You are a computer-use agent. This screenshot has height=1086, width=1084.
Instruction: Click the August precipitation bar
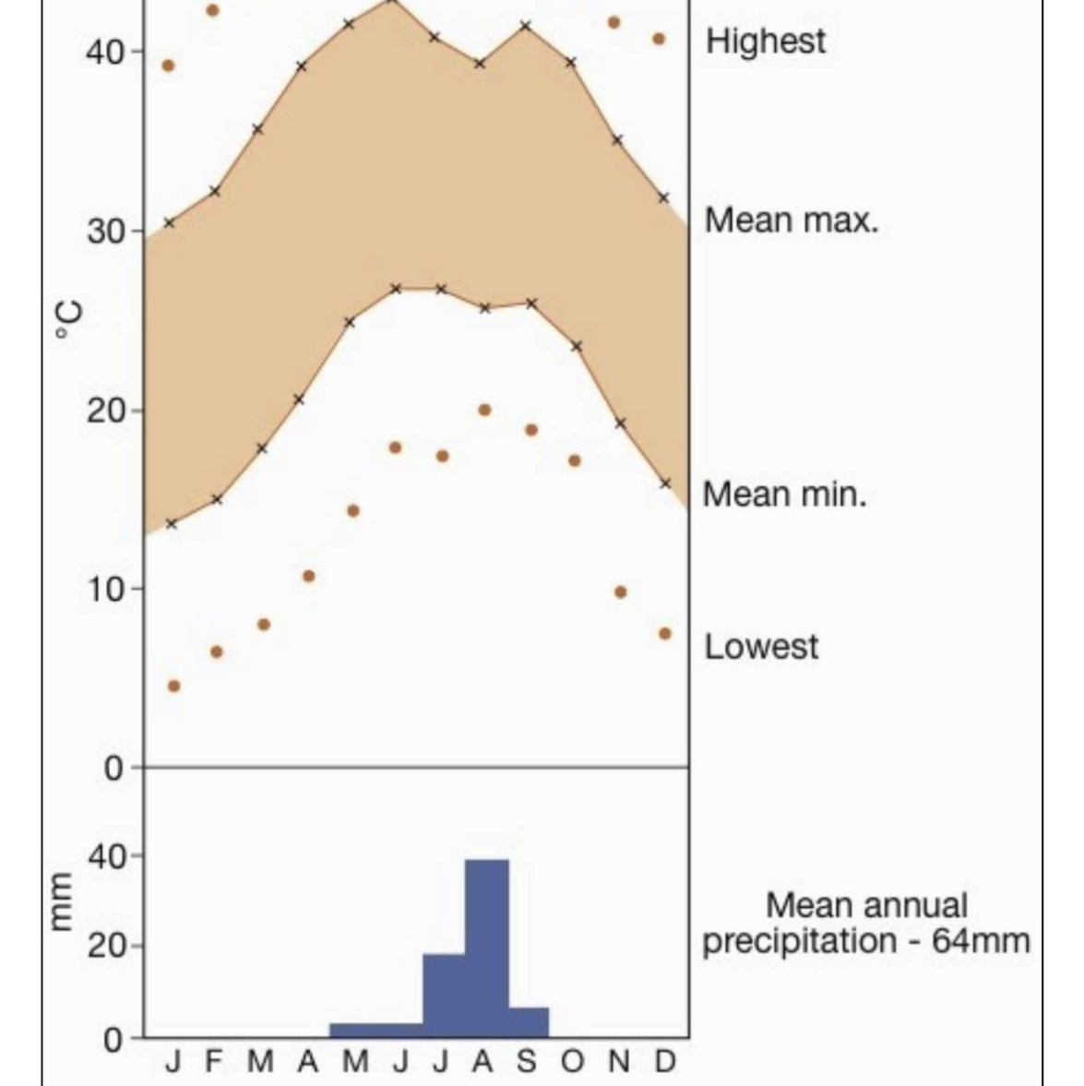point(486,947)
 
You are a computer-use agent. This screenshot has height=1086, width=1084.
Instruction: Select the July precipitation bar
point(444,995)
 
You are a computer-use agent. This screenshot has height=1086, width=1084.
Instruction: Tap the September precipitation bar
point(528,1021)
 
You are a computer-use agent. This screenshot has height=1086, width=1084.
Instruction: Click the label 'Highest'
point(765,42)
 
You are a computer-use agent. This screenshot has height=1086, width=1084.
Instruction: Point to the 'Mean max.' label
point(791,221)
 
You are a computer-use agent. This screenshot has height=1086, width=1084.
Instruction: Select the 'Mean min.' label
point(784,495)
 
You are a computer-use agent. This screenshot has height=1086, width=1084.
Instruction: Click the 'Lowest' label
point(761,646)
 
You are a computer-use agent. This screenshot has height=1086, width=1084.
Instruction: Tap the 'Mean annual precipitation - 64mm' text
point(865,923)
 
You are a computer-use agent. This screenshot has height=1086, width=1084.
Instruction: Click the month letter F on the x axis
point(214,1062)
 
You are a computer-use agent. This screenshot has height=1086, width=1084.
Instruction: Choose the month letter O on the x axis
point(573,1062)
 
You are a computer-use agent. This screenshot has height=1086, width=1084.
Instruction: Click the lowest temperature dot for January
point(173,686)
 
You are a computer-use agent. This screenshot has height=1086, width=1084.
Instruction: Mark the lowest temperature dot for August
point(484,410)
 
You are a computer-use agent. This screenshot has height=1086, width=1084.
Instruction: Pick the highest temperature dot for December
point(659,39)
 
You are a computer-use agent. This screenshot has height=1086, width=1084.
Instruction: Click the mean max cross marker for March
point(257,129)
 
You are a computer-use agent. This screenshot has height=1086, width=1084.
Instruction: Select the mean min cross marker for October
point(577,346)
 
